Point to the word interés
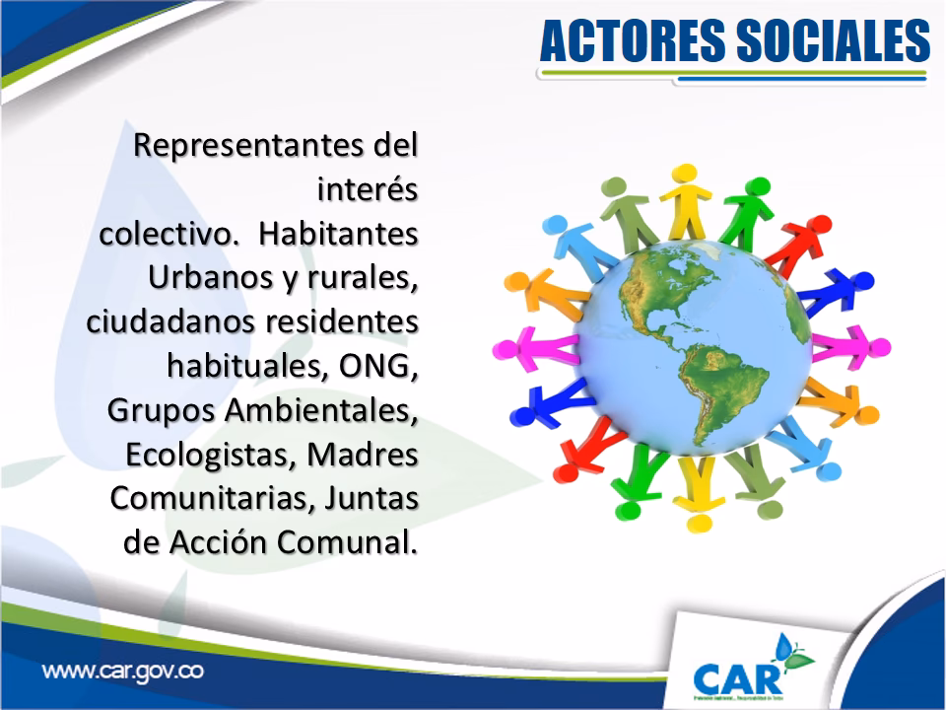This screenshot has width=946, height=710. click(368, 190)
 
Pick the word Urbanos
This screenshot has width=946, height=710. click(196, 279)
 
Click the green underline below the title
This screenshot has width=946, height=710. click(733, 72)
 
